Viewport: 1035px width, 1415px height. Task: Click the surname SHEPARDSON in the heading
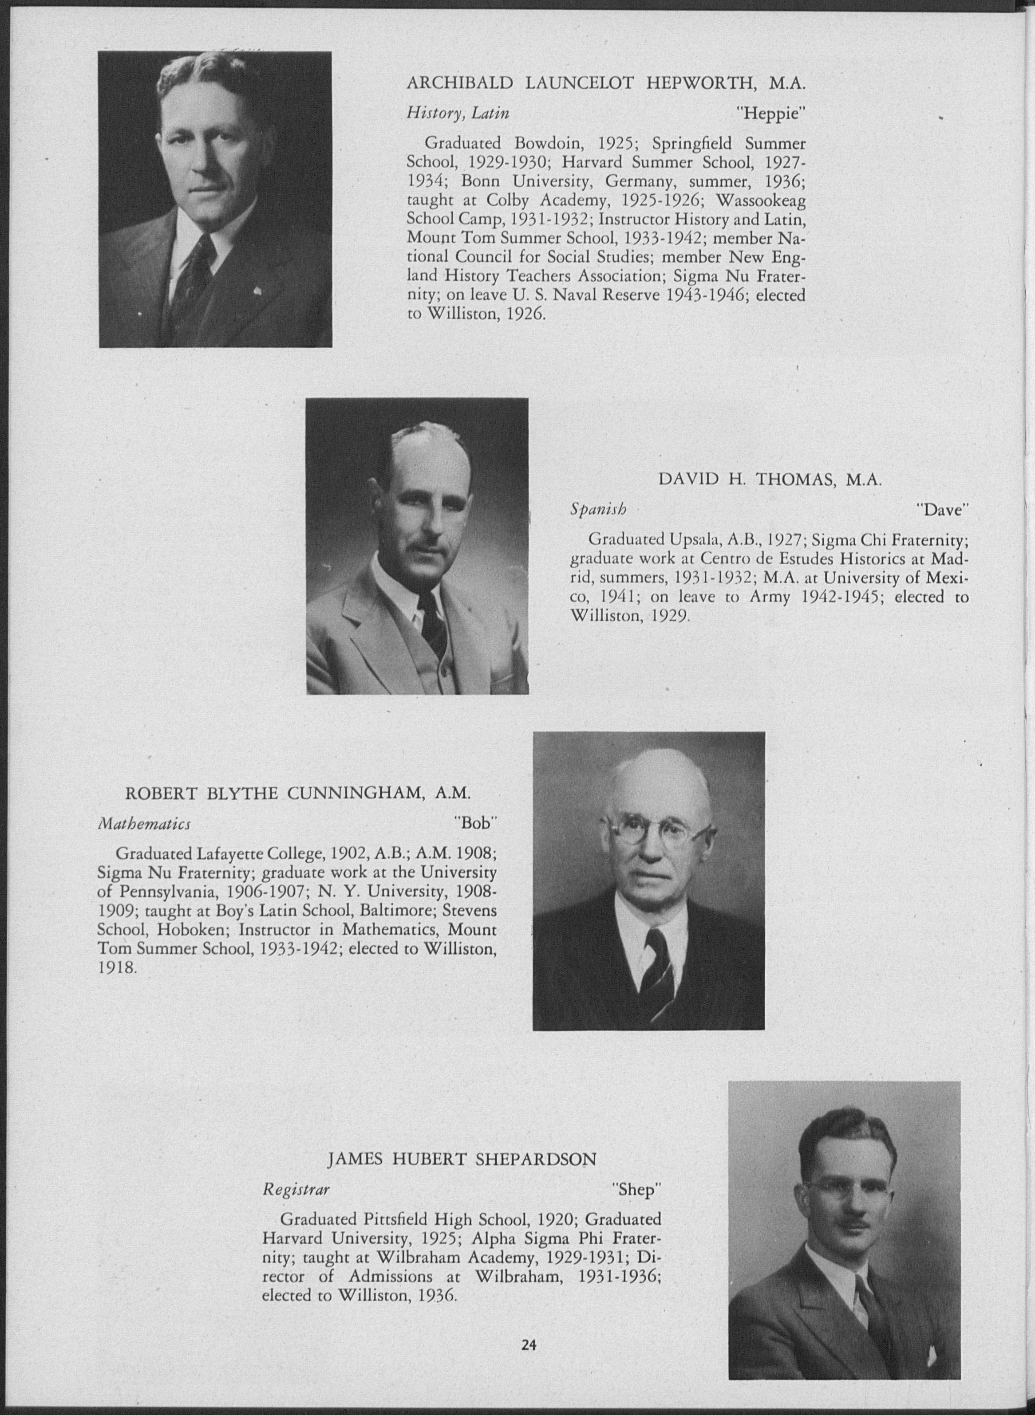click(536, 1160)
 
